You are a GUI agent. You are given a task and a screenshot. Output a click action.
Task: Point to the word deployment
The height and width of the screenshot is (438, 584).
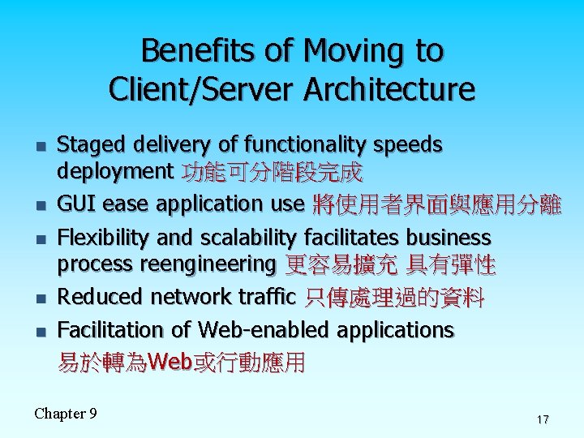click(x=114, y=172)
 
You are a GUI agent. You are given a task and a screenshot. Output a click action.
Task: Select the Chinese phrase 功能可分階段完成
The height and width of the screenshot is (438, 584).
click(x=273, y=173)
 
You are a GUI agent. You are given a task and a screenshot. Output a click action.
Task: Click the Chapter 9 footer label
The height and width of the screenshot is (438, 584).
click(x=66, y=414)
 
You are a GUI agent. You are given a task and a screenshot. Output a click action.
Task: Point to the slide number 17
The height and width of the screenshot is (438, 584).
click(x=542, y=419)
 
